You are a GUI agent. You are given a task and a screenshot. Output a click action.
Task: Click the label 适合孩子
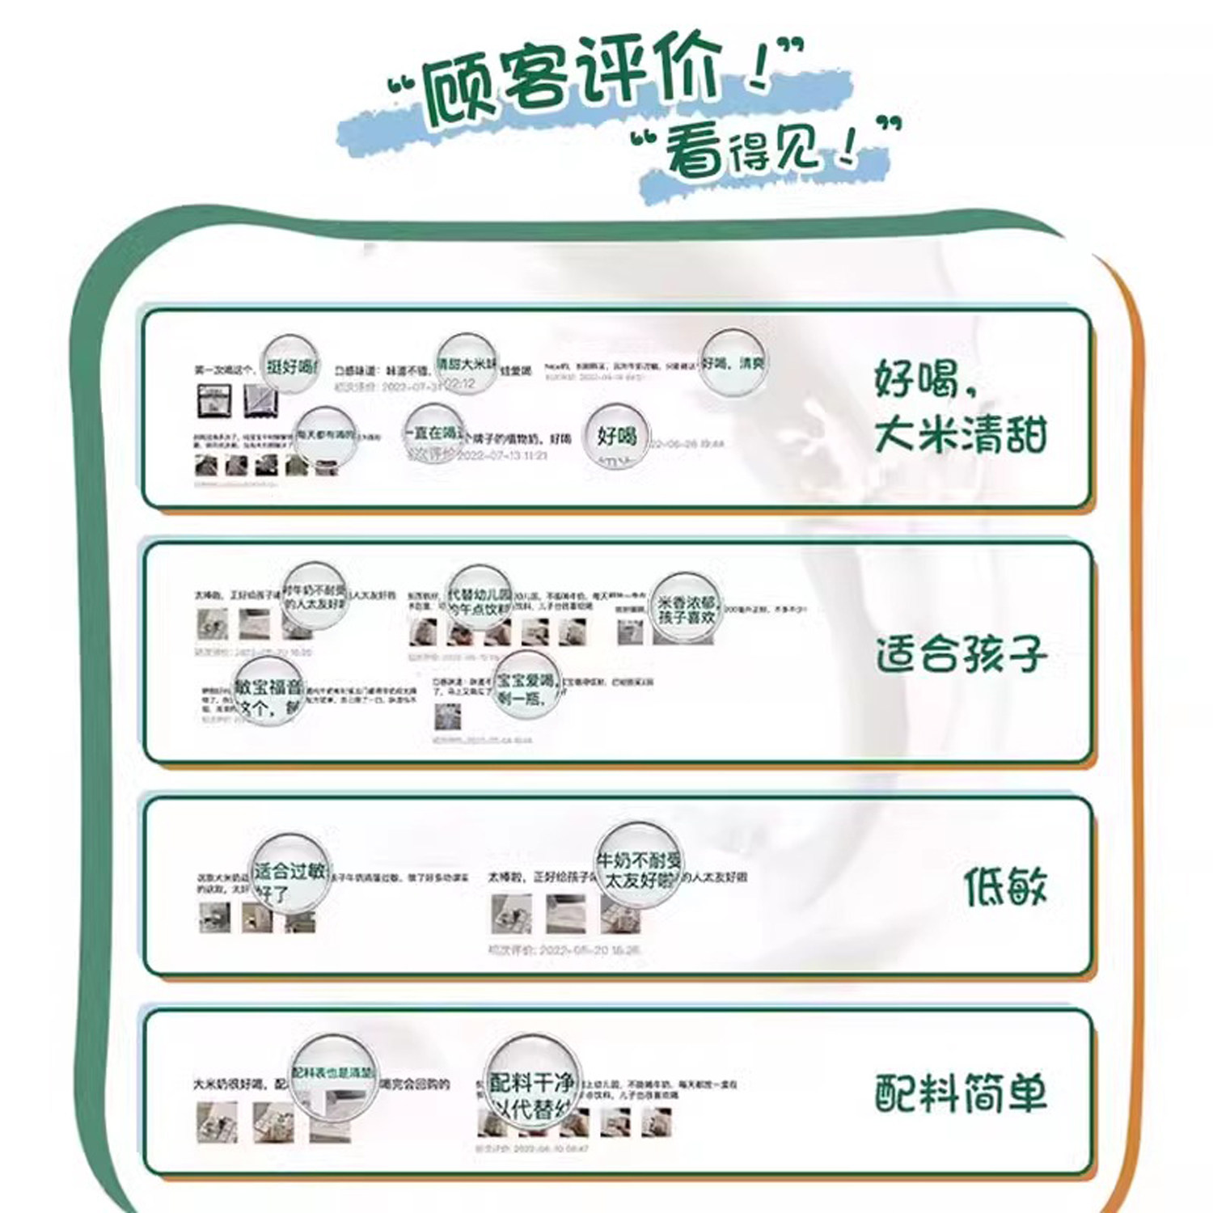(x=961, y=653)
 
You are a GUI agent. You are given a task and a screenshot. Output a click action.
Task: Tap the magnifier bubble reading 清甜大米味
(x=467, y=366)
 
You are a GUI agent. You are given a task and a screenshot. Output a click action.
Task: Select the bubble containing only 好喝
(x=616, y=437)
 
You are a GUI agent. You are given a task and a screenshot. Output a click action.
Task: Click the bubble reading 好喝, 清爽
(x=732, y=363)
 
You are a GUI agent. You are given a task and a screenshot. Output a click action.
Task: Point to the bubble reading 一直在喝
(x=436, y=437)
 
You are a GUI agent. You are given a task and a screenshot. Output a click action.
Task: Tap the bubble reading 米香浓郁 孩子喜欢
(x=686, y=609)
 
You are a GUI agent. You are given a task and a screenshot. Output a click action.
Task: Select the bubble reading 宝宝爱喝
(x=526, y=687)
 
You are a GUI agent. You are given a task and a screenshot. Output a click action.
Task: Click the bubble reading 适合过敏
(x=291, y=874)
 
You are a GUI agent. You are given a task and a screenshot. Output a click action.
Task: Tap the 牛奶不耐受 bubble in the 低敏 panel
(x=639, y=867)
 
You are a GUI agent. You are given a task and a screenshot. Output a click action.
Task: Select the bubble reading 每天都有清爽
(x=325, y=437)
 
